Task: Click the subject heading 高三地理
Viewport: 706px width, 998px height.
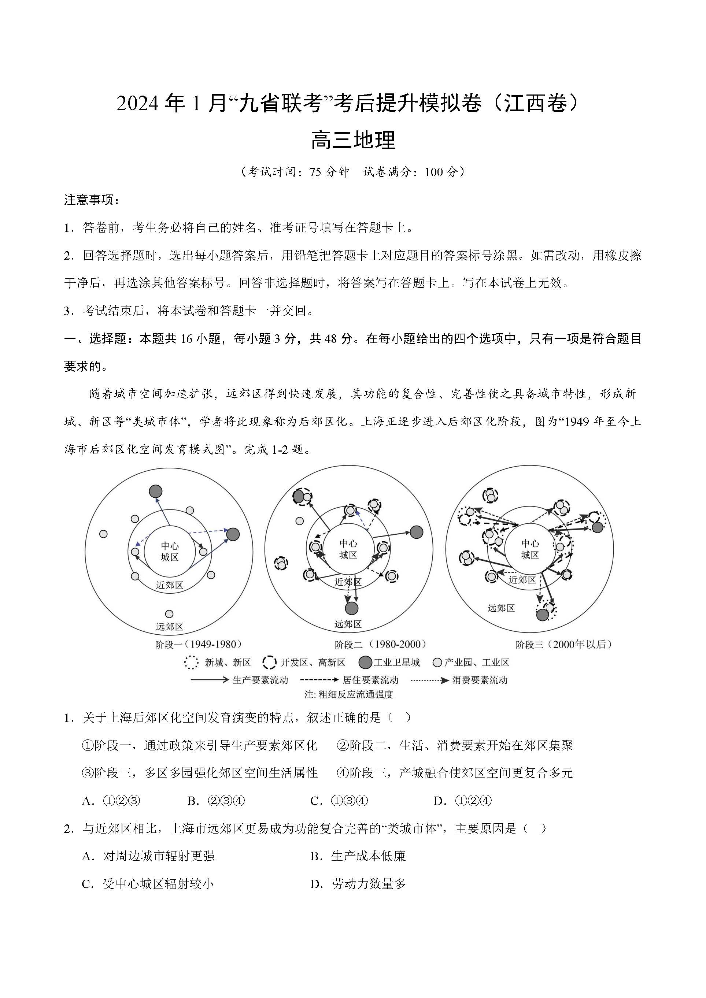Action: pyautogui.click(x=353, y=140)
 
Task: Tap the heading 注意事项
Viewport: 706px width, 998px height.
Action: pyautogui.click(x=91, y=200)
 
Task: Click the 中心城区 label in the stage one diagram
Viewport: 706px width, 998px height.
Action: pyautogui.click(x=170, y=552)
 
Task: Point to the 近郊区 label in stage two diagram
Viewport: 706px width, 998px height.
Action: pyautogui.click(x=348, y=582)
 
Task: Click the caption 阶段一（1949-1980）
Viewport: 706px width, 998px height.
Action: pyautogui.click(x=199, y=644)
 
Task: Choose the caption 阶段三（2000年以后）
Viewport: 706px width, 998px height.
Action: pyautogui.click(x=564, y=644)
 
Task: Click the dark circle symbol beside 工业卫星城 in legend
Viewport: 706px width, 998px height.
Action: pyautogui.click(x=365, y=663)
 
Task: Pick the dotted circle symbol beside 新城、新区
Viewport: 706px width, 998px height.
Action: pyautogui.click(x=191, y=663)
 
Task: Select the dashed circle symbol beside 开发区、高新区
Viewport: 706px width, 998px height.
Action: pyautogui.click(x=270, y=663)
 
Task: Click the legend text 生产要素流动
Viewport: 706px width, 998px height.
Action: pyautogui.click(x=260, y=680)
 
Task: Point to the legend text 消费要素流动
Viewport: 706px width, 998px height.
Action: pyautogui.click(x=480, y=680)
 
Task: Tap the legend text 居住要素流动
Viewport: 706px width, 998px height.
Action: pyautogui.click(x=370, y=680)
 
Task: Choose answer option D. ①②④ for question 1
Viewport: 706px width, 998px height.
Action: pyautogui.click(x=463, y=801)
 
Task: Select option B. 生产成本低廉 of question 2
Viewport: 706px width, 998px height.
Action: pyautogui.click(x=358, y=856)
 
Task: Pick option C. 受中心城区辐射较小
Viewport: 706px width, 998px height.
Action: pyautogui.click(x=148, y=884)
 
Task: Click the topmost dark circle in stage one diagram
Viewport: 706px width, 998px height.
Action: pyautogui.click(x=156, y=491)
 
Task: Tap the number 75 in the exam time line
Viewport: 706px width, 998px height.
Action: pyautogui.click(x=315, y=172)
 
